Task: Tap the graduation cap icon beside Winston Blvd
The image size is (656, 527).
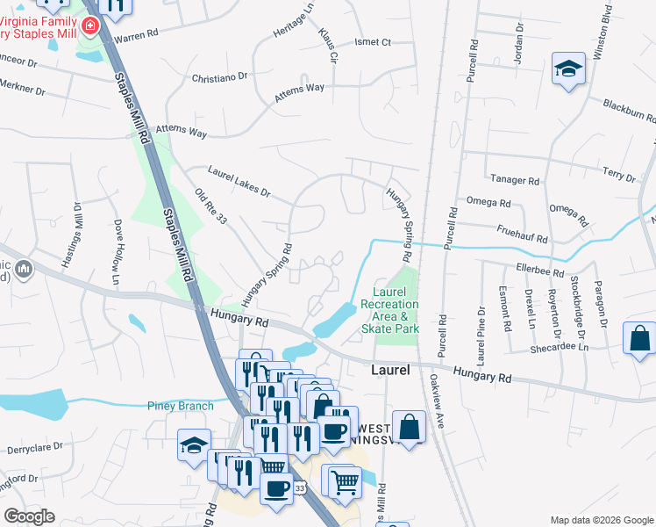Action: tap(567, 69)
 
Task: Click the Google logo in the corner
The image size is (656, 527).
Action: tap(29, 516)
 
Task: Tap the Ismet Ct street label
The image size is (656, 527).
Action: tap(372, 41)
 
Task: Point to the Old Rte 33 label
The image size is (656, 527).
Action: tap(210, 206)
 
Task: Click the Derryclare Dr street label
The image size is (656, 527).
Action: tap(33, 445)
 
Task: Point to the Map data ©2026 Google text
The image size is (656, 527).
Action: tap(601, 519)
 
